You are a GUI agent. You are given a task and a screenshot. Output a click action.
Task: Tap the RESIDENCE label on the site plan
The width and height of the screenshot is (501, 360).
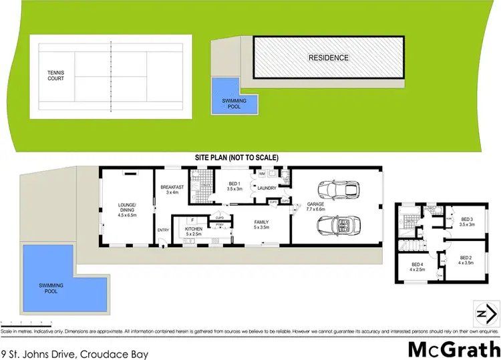click(x=328, y=57)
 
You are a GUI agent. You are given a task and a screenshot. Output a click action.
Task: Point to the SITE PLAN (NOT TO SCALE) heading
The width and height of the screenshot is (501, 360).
click(x=236, y=157)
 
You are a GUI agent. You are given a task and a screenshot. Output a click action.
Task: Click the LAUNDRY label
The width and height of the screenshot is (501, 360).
click(x=267, y=188)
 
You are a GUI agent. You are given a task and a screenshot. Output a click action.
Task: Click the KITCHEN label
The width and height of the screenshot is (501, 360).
click(x=193, y=232)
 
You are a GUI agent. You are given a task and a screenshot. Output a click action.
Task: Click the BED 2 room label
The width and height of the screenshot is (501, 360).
click(x=466, y=260)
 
